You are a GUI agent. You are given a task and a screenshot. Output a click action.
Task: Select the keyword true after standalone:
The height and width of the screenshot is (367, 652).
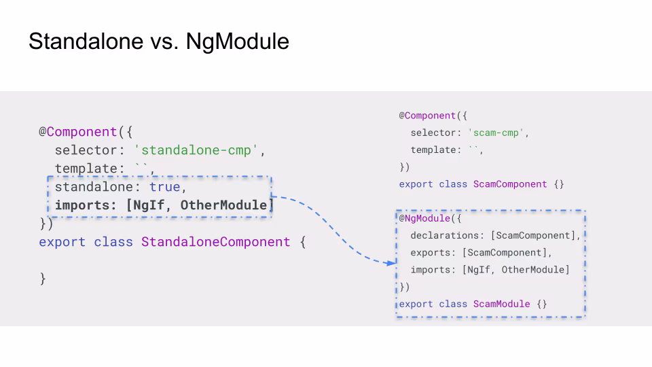[x=165, y=187]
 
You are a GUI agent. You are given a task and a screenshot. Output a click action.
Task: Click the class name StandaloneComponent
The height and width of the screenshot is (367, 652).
[x=215, y=242]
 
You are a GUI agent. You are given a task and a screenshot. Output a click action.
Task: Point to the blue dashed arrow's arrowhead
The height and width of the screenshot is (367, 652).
[x=391, y=262]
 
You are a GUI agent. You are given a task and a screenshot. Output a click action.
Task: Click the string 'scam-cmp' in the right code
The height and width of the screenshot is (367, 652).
[x=497, y=133]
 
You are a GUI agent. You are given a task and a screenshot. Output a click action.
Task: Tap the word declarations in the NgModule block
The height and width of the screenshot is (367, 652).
[x=446, y=236]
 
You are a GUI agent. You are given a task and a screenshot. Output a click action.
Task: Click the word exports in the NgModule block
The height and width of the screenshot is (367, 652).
[x=432, y=253]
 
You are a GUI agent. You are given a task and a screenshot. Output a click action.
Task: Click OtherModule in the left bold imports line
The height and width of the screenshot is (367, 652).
[x=224, y=205]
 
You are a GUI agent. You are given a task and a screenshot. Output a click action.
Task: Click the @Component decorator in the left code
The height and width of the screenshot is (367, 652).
[x=78, y=132]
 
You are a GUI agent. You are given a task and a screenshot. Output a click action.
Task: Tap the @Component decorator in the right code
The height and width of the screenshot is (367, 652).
[x=427, y=116]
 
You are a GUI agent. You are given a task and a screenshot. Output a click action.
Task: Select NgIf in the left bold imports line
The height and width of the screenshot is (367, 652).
[x=151, y=205]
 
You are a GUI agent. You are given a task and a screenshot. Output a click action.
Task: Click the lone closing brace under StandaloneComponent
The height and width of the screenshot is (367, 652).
[x=43, y=279]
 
